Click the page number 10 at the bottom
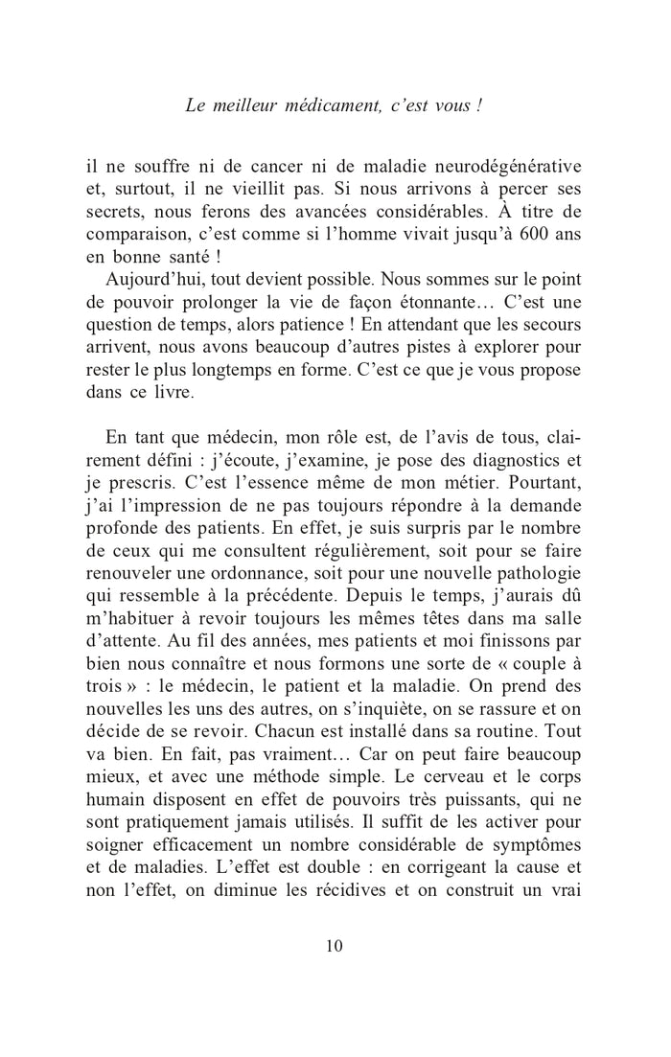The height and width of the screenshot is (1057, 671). coord(335,946)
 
